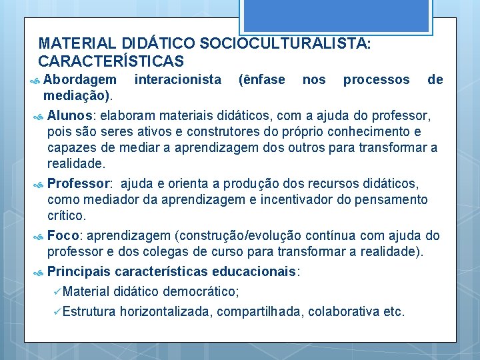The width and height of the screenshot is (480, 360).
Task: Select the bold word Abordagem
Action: click(79, 80)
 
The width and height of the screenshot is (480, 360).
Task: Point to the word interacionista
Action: click(178, 80)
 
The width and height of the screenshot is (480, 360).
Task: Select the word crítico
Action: click(67, 216)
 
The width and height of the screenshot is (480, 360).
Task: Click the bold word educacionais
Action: click(255, 272)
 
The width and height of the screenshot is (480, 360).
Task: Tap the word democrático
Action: click(201, 291)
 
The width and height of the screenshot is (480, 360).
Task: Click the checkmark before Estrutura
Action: click(57, 311)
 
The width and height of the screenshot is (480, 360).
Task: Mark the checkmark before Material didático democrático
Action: click(57, 291)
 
